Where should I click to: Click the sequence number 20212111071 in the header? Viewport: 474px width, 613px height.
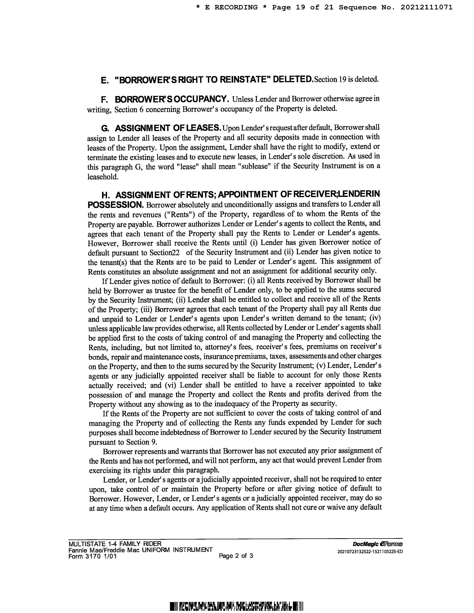[x=426, y=8]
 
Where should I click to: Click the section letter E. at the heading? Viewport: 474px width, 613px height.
[x=104, y=81]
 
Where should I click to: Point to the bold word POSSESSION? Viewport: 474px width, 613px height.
[x=116, y=205]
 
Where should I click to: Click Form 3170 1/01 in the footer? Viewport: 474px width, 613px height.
[x=92, y=556]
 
